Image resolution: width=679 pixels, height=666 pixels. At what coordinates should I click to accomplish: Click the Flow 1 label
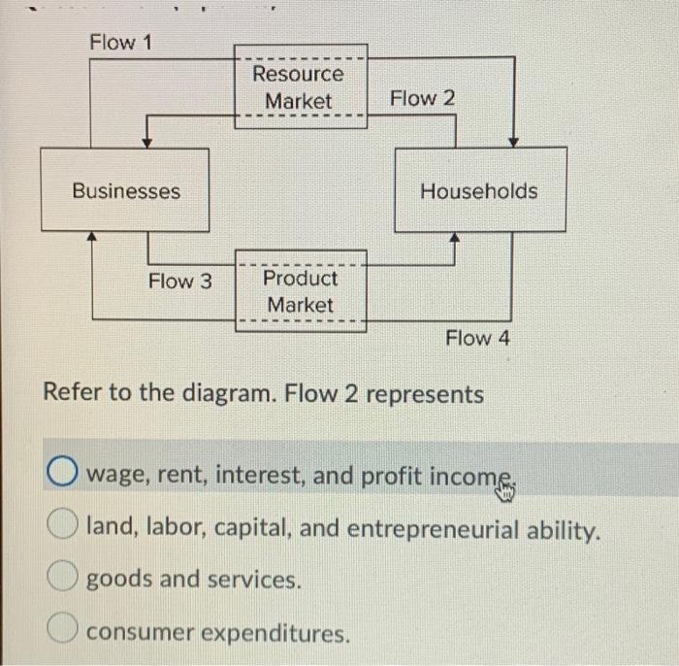[120, 44]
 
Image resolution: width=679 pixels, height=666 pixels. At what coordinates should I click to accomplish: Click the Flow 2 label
[421, 98]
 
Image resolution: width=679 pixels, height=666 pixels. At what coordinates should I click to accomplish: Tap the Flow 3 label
[179, 282]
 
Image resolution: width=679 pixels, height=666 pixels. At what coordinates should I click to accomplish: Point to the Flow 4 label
[476, 338]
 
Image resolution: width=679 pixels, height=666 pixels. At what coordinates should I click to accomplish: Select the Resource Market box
[299, 86]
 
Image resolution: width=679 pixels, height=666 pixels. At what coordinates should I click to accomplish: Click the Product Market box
[301, 291]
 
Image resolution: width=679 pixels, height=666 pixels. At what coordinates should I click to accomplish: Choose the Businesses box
[125, 190]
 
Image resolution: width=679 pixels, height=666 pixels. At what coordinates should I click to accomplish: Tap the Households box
[479, 190]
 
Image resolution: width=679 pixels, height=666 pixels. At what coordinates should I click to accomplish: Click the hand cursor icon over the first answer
[503, 493]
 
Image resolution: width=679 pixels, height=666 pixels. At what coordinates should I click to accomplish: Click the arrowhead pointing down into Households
[514, 142]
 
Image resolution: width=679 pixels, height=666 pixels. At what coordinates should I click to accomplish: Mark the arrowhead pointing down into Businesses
[146, 143]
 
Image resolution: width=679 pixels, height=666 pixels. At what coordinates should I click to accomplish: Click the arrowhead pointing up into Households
[453, 237]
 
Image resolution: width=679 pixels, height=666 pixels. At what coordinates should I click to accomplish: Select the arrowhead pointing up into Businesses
[91, 236]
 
